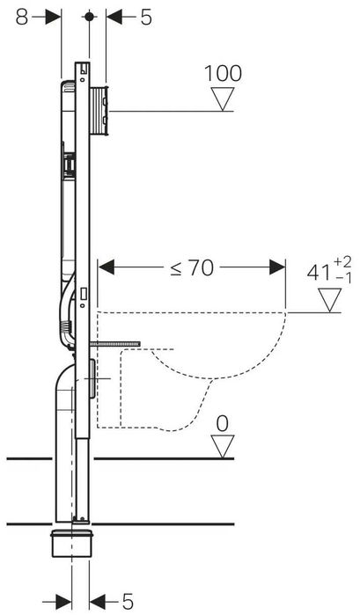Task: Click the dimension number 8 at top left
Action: [22, 18]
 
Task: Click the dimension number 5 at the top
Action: [146, 18]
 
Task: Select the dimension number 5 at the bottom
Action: [128, 601]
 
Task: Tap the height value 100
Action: [223, 74]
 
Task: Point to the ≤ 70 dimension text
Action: [192, 268]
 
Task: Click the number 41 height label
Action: [319, 273]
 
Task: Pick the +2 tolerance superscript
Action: [342, 261]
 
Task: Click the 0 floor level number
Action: [222, 424]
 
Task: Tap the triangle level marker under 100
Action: [223, 99]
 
